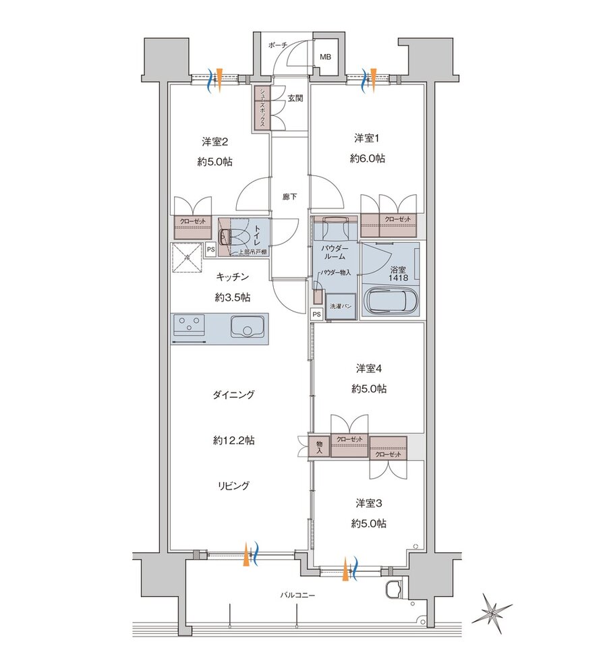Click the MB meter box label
tap(326, 57)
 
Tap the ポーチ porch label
tap(278, 45)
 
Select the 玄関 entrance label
tap(295, 98)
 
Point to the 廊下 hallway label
tap(289, 197)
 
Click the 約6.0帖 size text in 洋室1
tap(368, 158)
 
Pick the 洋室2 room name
tap(215, 141)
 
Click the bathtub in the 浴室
tap(391, 301)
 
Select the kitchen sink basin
tap(247, 327)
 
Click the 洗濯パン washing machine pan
tap(341, 306)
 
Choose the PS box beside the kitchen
tap(210, 250)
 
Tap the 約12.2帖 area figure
tap(234, 440)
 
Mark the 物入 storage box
tap(319, 447)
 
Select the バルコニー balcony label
tap(297, 595)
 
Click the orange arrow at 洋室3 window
tap(345, 569)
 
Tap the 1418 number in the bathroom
tap(398, 278)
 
